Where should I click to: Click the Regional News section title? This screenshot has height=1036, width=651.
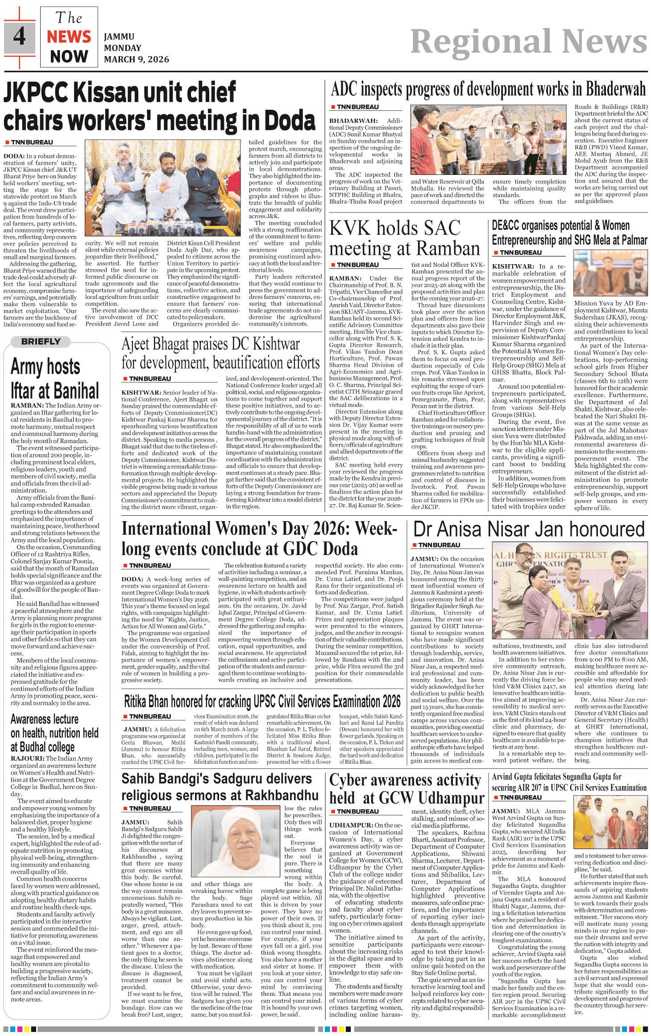tap(528, 43)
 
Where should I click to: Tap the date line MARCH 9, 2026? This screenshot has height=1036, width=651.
tap(136, 59)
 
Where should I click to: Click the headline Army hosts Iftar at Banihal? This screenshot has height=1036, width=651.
tap(54, 378)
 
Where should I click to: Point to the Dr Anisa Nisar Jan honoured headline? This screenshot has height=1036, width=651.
tap(529, 530)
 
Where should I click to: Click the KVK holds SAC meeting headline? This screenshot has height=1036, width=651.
tap(405, 239)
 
